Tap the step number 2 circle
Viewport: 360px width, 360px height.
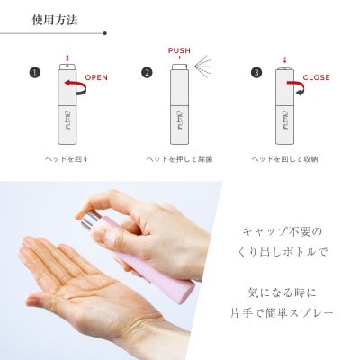[146, 73]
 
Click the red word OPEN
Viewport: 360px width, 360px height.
[96, 78]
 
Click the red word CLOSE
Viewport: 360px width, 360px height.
[315, 78]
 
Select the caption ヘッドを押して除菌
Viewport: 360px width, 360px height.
[179, 158]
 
